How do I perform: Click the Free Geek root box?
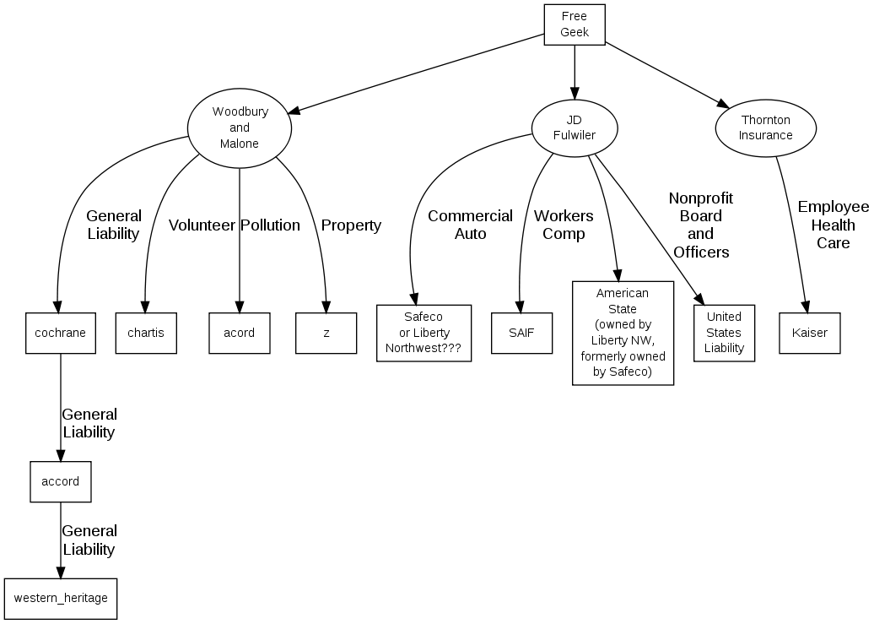pos(575,24)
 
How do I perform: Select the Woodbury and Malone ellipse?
pos(240,128)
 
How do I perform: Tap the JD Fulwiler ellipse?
pos(575,128)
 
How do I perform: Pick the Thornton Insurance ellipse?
pos(766,128)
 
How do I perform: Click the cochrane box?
pos(60,333)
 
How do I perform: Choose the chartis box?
pos(146,333)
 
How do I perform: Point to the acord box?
pos(240,333)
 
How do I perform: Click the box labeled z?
pos(326,333)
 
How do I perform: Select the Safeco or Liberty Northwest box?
pos(424,333)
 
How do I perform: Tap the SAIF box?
pos(521,333)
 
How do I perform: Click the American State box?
pos(623,333)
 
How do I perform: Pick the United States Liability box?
pos(724,333)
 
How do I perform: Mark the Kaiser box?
pos(810,333)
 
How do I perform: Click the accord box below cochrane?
pos(60,481)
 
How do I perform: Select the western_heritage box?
pos(61,598)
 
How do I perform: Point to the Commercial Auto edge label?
pos(470,225)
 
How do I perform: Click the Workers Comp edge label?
pos(564,225)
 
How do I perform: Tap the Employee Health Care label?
pos(833,225)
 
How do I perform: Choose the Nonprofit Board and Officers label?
pos(700,225)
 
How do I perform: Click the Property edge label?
pos(351,225)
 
